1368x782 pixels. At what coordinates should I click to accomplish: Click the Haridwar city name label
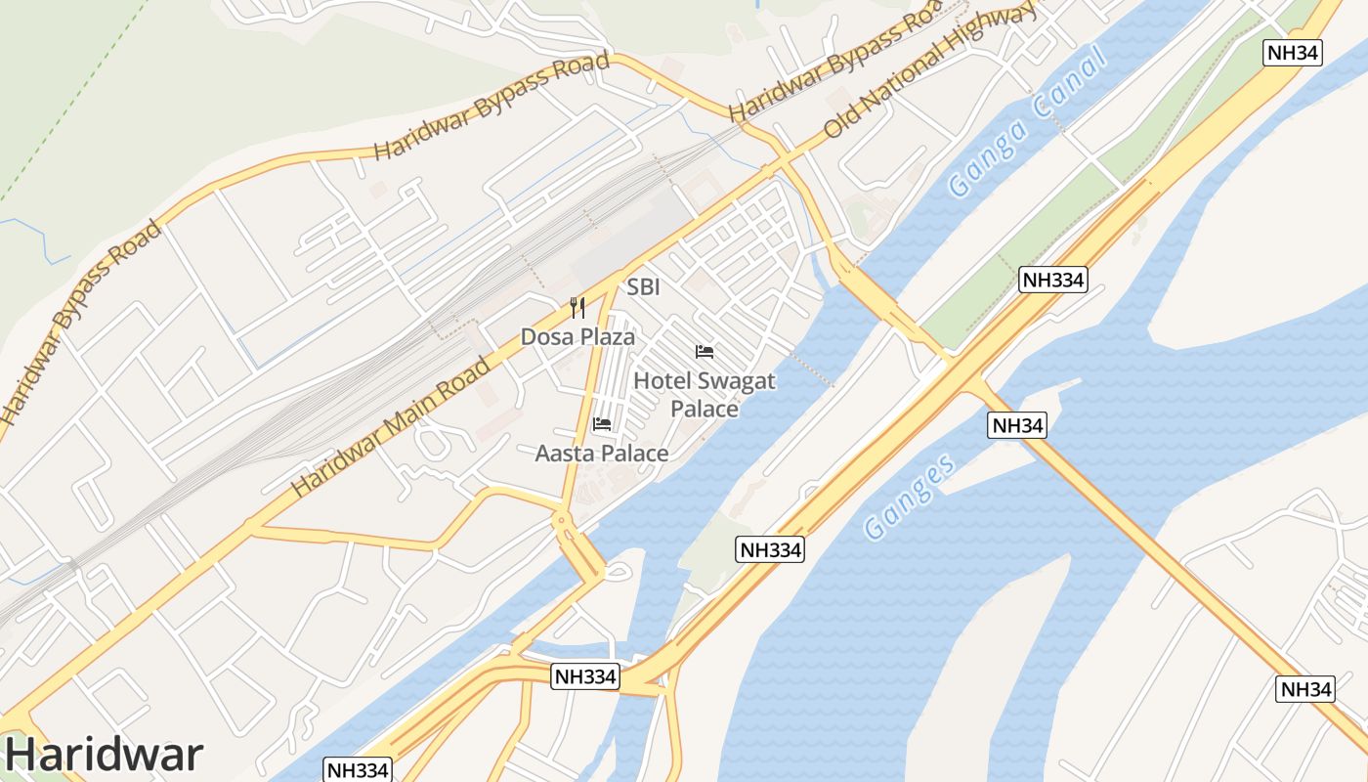[x=106, y=754]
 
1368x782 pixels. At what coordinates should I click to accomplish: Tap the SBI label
[x=644, y=287]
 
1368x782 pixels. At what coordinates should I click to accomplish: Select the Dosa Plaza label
[x=577, y=337]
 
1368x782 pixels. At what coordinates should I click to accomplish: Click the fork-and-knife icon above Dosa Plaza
[x=577, y=309]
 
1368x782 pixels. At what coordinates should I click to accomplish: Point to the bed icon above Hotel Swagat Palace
[x=705, y=352]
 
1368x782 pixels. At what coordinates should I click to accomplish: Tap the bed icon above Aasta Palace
[x=602, y=424]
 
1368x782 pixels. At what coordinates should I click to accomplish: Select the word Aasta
[x=564, y=454]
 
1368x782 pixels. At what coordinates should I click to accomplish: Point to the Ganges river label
[x=911, y=497]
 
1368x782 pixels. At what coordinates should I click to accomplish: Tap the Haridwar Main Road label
[x=392, y=426]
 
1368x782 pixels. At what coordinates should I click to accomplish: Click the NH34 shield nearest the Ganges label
[x=1017, y=425]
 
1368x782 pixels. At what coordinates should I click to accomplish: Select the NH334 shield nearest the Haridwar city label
[x=358, y=769]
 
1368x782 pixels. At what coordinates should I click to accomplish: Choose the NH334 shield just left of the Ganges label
[x=770, y=549]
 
